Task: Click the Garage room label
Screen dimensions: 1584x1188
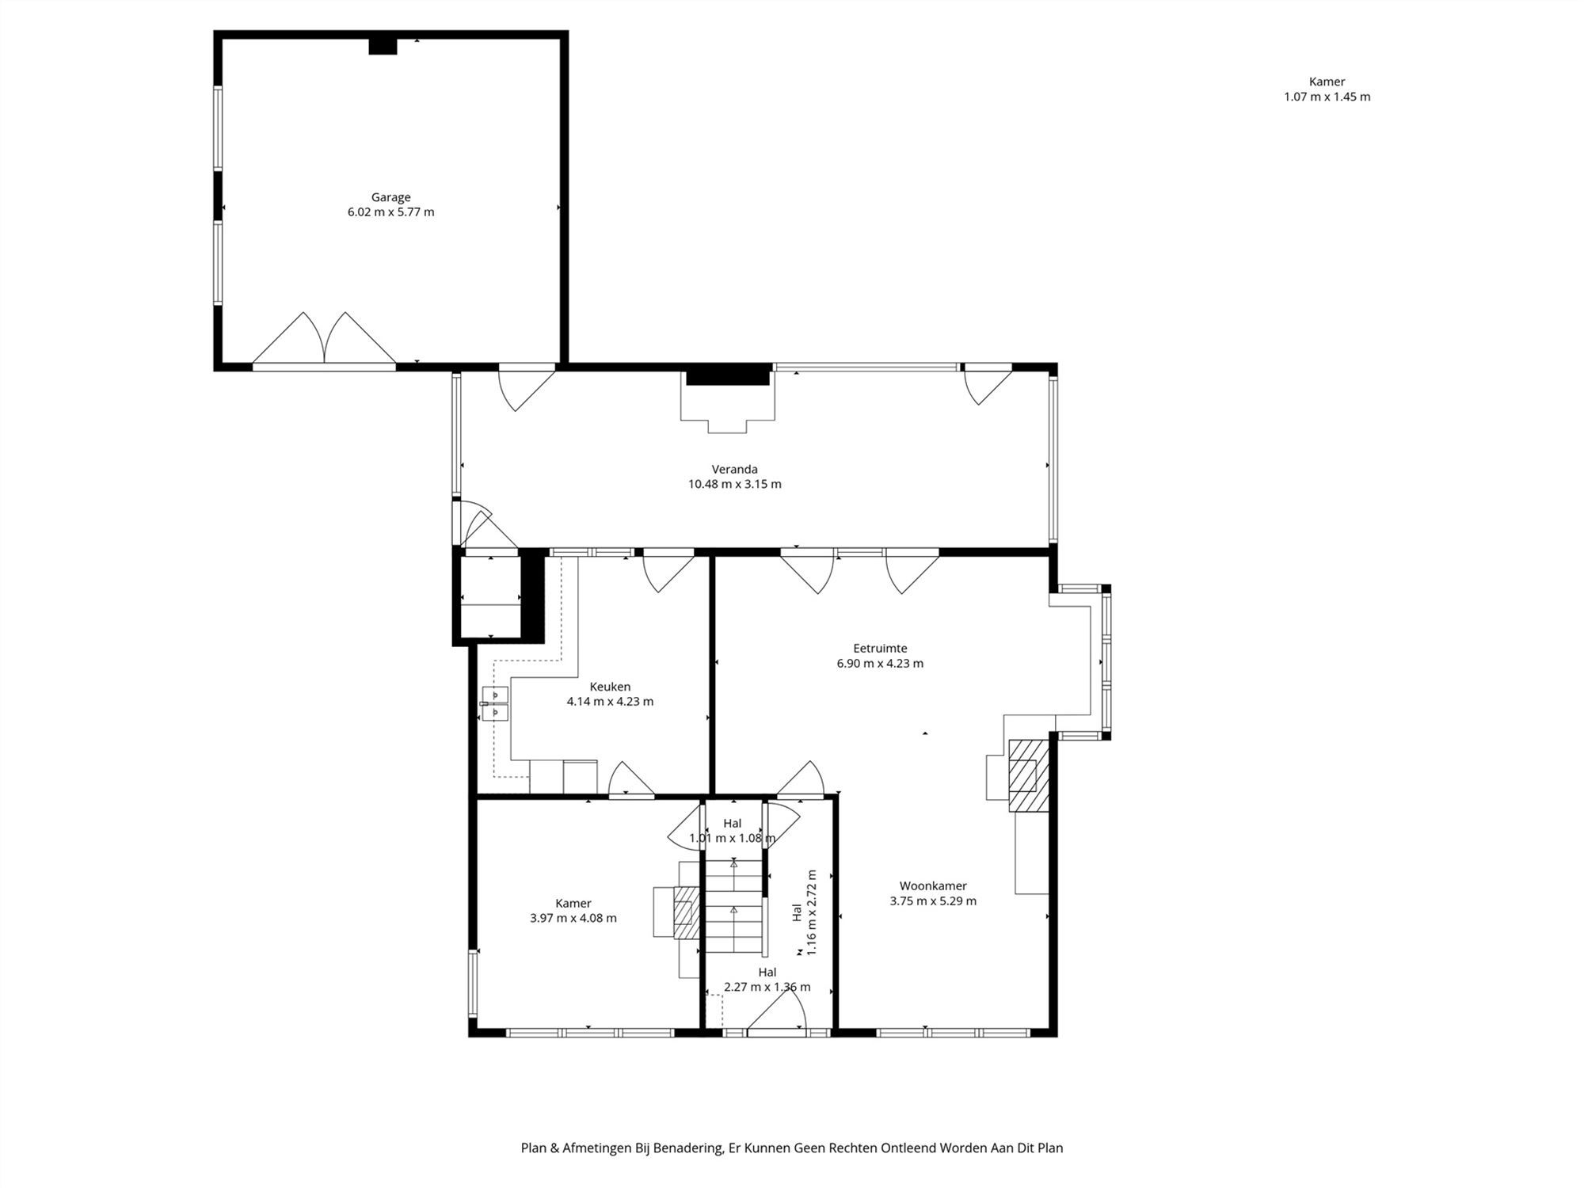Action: pos(390,197)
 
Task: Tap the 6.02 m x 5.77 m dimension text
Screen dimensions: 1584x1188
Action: pos(390,212)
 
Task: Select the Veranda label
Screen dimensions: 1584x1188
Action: pos(734,469)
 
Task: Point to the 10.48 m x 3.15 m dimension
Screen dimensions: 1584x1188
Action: pos(734,484)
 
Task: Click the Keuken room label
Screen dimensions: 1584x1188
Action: pos(610,687)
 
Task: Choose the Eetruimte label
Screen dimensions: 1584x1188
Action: pos(880,648)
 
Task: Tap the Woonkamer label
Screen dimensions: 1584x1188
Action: pos(933,885)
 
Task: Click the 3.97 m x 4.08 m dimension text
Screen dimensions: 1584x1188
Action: pos(573,918)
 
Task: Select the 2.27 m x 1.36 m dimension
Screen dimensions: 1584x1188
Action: pos(767,987)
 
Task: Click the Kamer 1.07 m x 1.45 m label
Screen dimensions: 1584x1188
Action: pos(1327,89)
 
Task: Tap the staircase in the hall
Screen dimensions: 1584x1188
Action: pos(734,906)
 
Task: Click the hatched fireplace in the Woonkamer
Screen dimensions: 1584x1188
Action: pos(1029,775)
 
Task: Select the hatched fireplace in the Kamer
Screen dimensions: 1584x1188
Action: pos(686,912)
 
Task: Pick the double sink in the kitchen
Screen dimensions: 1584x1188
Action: pos(495,703)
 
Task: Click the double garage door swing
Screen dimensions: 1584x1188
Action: pos(324,338)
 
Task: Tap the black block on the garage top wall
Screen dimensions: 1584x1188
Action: pos(383,47)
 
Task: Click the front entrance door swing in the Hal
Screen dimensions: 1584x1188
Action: pos(777,1009)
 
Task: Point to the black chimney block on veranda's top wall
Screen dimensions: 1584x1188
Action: pos(728,375)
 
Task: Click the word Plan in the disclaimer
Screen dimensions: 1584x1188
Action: pos(533,1148)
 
